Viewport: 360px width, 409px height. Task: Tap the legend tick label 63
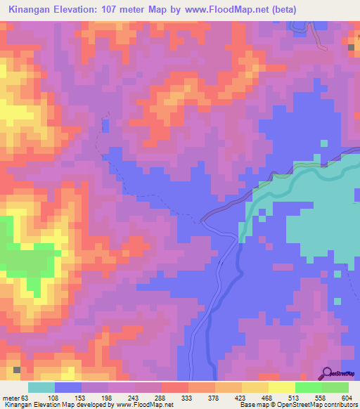tap(29, 398)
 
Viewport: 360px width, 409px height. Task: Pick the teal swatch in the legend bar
tap(41, 387)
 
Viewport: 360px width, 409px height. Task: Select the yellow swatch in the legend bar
tap(281, 387)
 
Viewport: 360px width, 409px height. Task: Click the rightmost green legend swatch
tap(335, 387)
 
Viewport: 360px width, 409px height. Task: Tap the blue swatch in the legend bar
tap(68, 387)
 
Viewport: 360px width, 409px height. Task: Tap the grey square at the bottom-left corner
tap(17, 369)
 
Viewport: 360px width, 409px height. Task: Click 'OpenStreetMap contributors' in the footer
tap(322, 405)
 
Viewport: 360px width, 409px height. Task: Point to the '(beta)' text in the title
tap(280, 10)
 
